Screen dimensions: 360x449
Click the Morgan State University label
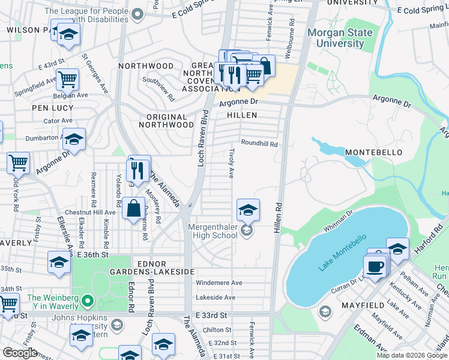point(340,38)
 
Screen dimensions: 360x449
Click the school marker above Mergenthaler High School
point(247,210)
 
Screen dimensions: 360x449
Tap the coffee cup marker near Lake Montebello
point(375,266)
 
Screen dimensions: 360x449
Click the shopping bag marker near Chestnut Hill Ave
point(133,209)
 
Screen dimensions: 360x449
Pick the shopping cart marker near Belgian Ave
point(68,79)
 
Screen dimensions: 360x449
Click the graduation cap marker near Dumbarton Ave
point(74,140)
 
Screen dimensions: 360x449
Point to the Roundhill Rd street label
point(259,143)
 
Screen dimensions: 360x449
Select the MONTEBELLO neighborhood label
point(373,152)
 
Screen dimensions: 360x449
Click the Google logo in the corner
point(19,352)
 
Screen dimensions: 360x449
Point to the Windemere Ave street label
point(219,283)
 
